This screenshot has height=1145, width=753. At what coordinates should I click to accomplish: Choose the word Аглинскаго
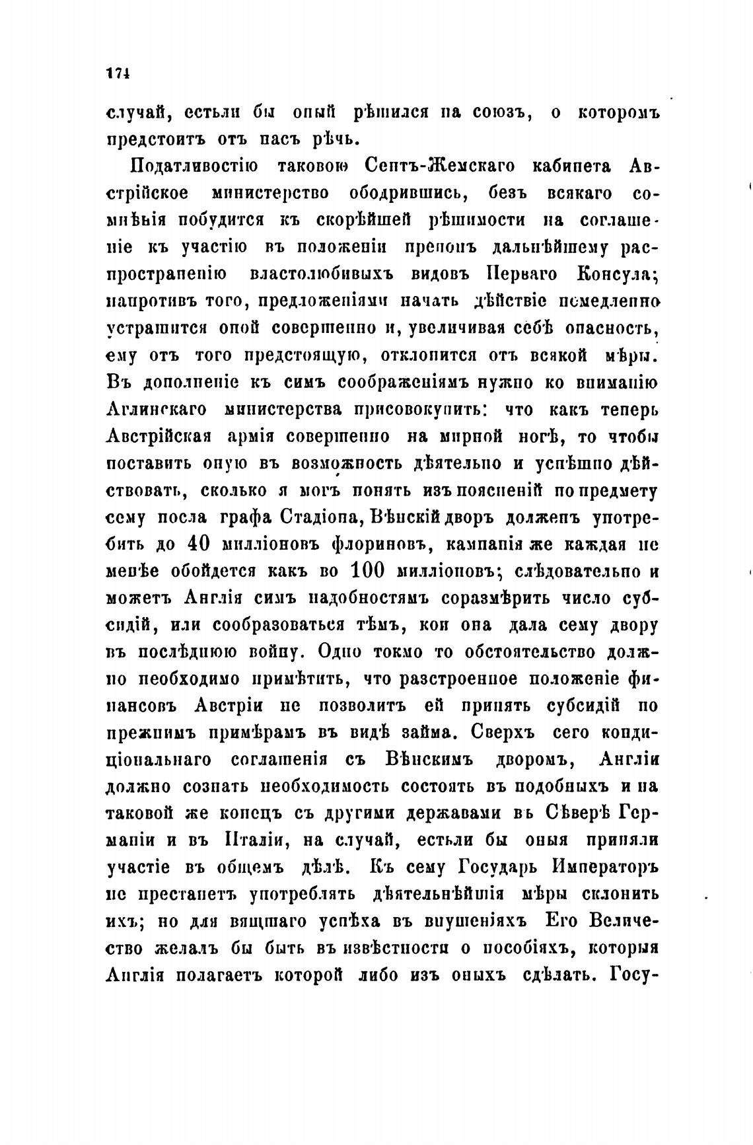click(x=156, y=410)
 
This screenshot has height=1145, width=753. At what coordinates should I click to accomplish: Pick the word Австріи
click(x=228, y=706)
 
